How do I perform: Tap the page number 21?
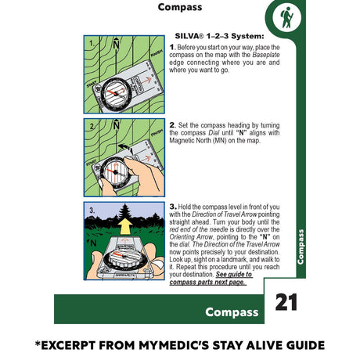[x=286, y=303]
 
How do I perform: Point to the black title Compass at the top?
[x=179, y=8]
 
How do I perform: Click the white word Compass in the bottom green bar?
[x=232, y=312]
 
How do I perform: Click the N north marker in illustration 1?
[x=115, y=45]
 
